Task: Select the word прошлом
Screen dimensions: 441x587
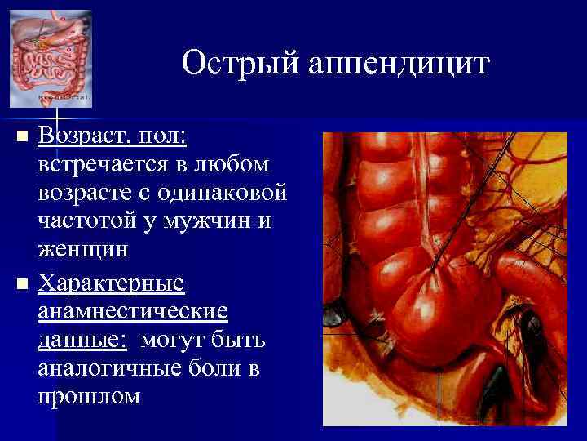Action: (x=89, y=397)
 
